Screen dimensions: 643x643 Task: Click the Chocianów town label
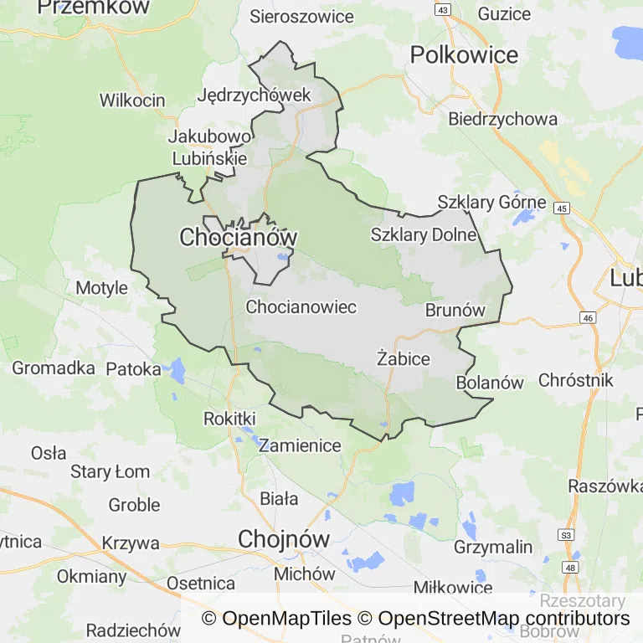(239, 238)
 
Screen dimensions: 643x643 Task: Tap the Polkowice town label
(464, 55)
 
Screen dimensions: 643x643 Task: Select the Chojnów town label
(284, 538)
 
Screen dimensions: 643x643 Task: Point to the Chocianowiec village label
(301, 307)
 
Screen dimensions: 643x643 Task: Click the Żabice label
(404, 358)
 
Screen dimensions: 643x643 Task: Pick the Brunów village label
(455, 310)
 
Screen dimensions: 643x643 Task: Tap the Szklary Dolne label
(424, 235)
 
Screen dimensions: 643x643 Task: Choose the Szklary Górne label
(491, 203)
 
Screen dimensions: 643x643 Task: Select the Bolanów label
(490, 383)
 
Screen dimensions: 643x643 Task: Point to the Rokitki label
(229, 418)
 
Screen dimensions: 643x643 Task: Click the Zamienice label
(300, 445)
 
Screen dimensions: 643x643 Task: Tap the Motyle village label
(102, 288)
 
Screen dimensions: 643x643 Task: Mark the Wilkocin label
(132, 100)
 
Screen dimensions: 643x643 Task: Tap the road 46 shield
(587, 318)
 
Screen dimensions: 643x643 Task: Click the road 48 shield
(570, 568)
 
